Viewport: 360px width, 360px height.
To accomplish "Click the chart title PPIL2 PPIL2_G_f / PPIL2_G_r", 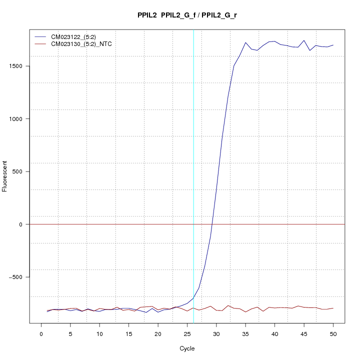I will [x=187, y=15].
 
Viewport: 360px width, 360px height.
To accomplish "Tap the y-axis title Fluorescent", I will [x=5, y=176].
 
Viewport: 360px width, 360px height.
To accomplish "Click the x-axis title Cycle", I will [x=187, y=348].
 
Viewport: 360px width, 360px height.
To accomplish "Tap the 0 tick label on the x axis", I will [x=41, y=332].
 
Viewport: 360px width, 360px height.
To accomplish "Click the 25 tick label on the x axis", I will [x=187, y=332].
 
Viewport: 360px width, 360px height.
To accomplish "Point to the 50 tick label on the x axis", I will [x=333, y=332].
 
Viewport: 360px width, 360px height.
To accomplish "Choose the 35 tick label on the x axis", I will [x=245, y=332].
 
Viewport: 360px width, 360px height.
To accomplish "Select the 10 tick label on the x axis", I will [x=99, y=332].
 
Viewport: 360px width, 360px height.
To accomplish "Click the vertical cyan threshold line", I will [x=193, y=150].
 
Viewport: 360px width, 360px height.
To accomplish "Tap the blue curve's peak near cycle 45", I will [x=304, y=40].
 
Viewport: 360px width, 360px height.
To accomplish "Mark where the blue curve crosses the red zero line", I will [x=212, y=224].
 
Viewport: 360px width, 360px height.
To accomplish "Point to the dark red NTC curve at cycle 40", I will [x=274, y=308].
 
